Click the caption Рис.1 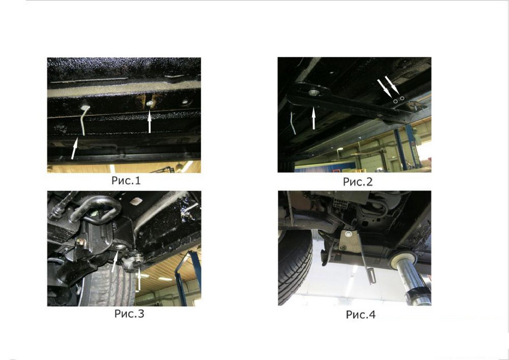[126, 180]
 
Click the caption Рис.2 [358, 182]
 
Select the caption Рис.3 [129, 314]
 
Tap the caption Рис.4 [361, 315]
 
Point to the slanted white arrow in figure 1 [74, 149]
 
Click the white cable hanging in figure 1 [84, 121]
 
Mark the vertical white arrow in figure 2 [313, 118]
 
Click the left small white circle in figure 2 [396, 101]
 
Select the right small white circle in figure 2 [402, 98]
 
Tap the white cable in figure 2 [293, 123]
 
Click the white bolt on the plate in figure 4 [348, 233]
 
